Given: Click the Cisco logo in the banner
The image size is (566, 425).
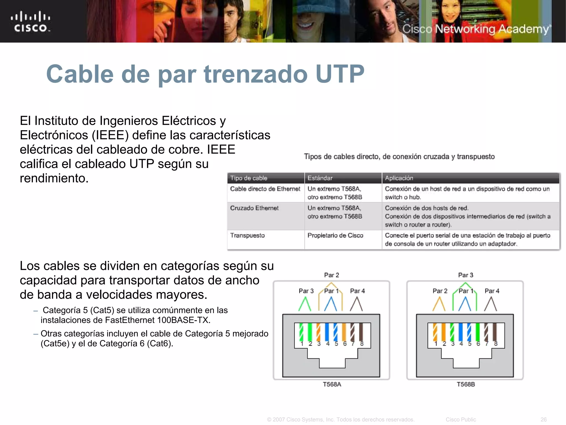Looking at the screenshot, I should click(31, 22).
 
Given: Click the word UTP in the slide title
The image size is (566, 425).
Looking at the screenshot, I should click(340, 74).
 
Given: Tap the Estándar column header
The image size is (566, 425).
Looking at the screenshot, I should click(320, 178).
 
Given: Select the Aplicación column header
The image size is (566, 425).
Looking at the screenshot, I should click(399, 178).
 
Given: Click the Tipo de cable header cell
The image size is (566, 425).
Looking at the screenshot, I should click(249, 178).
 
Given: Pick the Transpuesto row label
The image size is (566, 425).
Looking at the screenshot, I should click(247, 235).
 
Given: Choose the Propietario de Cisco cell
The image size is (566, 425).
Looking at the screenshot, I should click(335, 235).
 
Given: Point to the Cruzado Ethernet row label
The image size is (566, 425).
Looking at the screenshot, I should click(254, 208).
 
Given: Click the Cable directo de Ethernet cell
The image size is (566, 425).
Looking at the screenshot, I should click(265, 189).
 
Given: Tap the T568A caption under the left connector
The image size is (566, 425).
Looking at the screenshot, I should click(332, 384).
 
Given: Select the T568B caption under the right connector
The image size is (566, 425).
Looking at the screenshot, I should click(466, 384).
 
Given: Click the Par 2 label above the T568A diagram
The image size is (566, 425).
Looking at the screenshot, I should click(331, 275).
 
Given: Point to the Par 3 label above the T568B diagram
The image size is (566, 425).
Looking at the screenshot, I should click(466, 275).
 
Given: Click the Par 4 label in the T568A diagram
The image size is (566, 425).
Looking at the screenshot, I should click(357, 291).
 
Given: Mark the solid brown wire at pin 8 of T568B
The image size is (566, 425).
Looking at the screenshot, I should click(495, 332).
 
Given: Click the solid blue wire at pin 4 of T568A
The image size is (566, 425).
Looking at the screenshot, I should click(327, 332).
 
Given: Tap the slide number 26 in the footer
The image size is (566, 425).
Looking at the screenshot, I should click(543, 419).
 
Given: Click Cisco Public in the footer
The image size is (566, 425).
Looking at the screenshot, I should click(461, 419).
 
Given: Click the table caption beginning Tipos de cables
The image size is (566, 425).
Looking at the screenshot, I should click(399, 157).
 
